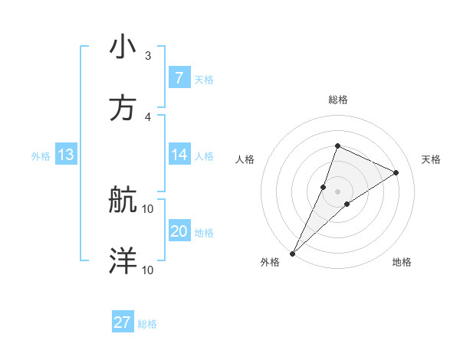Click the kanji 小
[123, 47]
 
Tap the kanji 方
[123, 108]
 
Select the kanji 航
[123, 201]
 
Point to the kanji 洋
[123, 261]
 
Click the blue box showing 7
[179, 78]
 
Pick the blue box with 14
[179, 155]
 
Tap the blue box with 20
[179, 231]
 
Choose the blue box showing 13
[65, 155]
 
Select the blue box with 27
[123, 322]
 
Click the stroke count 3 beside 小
[148, 56]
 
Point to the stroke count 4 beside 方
[148, 116]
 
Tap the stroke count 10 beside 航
[148, 208]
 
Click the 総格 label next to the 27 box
[147, 324]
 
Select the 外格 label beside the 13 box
[41, 155]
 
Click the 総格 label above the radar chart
[337, 100]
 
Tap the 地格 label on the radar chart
[402, 263]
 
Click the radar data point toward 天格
[396, 172]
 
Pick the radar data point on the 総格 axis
[337, 146]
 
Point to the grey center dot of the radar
[337, 191]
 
